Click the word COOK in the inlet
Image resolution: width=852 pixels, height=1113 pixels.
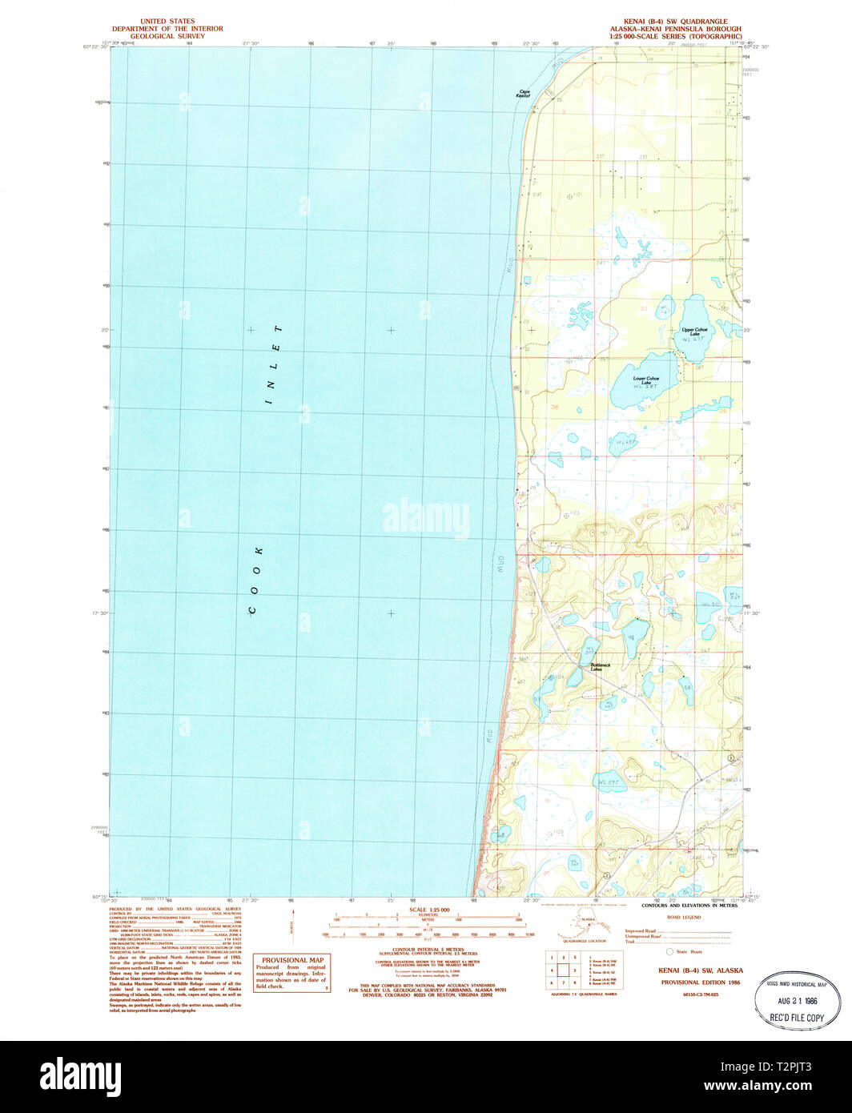coord(255,581)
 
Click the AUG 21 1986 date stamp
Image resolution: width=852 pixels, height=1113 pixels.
coord(798,1001)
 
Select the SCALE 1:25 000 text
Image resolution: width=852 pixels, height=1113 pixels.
coord(429,910)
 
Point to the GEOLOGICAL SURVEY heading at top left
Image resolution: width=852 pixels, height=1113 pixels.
coord(167,36)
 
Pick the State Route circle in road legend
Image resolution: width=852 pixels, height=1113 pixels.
coord(670,950)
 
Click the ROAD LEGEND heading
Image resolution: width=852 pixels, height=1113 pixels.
coord(684,918)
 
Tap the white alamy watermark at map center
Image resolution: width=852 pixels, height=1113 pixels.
coord(426,517)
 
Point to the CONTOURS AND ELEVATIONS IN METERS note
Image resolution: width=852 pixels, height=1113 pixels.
coord(689,906)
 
